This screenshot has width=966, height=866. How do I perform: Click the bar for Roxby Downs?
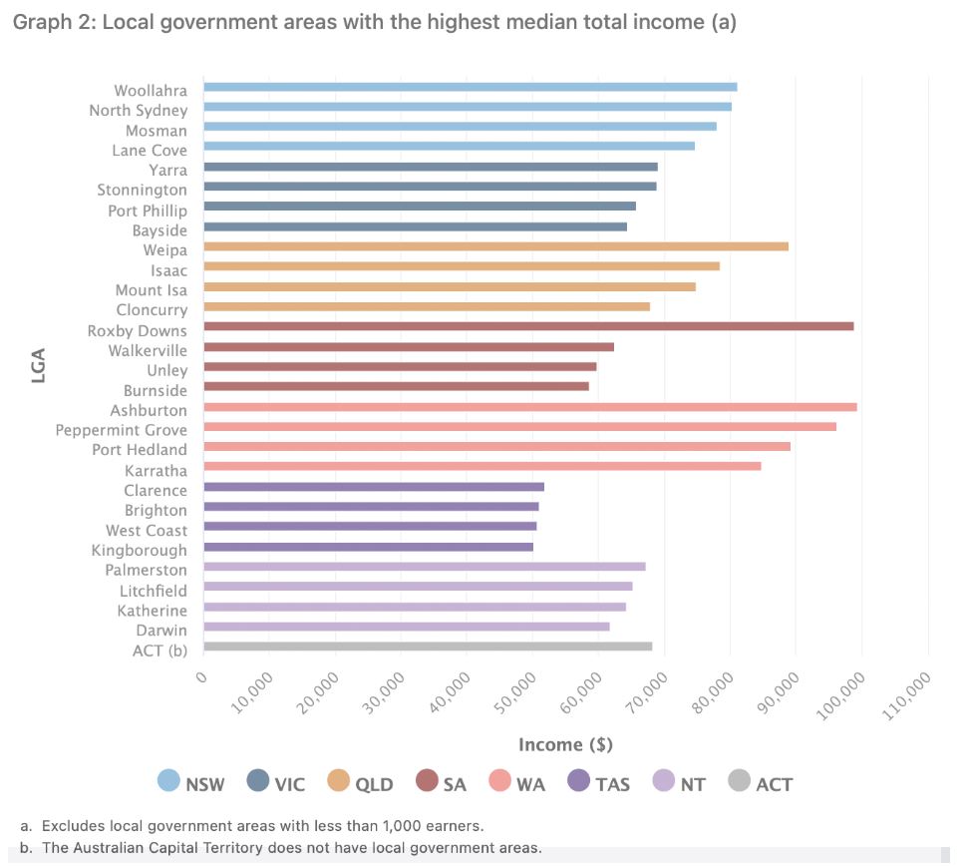pyautogui.click(x=528, y=326)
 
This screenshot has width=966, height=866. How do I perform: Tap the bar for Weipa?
pyautogui.click(x=495, y=246)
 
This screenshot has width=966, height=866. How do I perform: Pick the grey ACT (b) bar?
pyautogui.click(x=428, y=647)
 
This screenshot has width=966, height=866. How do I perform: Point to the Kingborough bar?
pyautogui.click(x=368, y=547)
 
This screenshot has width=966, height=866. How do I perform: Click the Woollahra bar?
pyautogui.click(x=470, y=87)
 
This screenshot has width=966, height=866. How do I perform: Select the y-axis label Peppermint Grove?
pyautogui.click(x=122, y=430)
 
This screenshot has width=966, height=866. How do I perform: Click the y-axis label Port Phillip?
pyautogui.click(x=148, y=211)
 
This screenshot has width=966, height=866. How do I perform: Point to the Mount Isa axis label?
pyautogui.click(x=151, y=290)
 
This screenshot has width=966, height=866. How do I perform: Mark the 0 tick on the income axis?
pyautogui.click(x=202, y=677)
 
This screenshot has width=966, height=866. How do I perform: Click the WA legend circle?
pyautogui.click(x=498, y=783)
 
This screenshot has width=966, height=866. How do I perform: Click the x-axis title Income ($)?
pyautogui.click(x=565, y=745)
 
